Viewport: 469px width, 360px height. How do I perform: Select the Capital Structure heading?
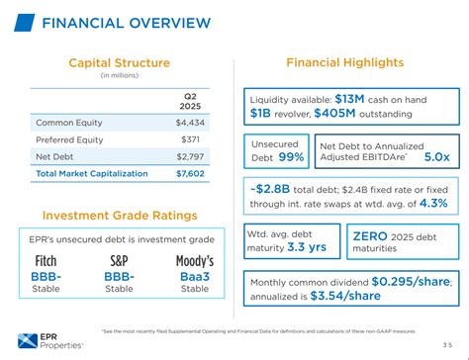pos(119,63)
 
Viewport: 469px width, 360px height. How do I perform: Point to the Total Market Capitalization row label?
pos(93,174)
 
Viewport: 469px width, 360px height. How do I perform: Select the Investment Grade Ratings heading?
pos(120,216)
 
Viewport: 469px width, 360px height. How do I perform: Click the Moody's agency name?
pos(195,261)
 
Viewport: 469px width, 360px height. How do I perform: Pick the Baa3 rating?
pos(195,277)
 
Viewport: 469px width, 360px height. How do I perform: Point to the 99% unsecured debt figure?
pos(289,157)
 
